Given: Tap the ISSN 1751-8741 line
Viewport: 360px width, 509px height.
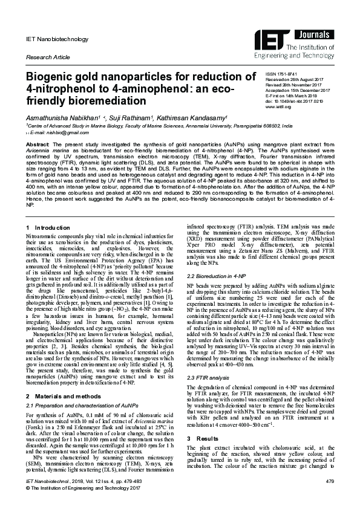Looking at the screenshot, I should pos(300,72).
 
